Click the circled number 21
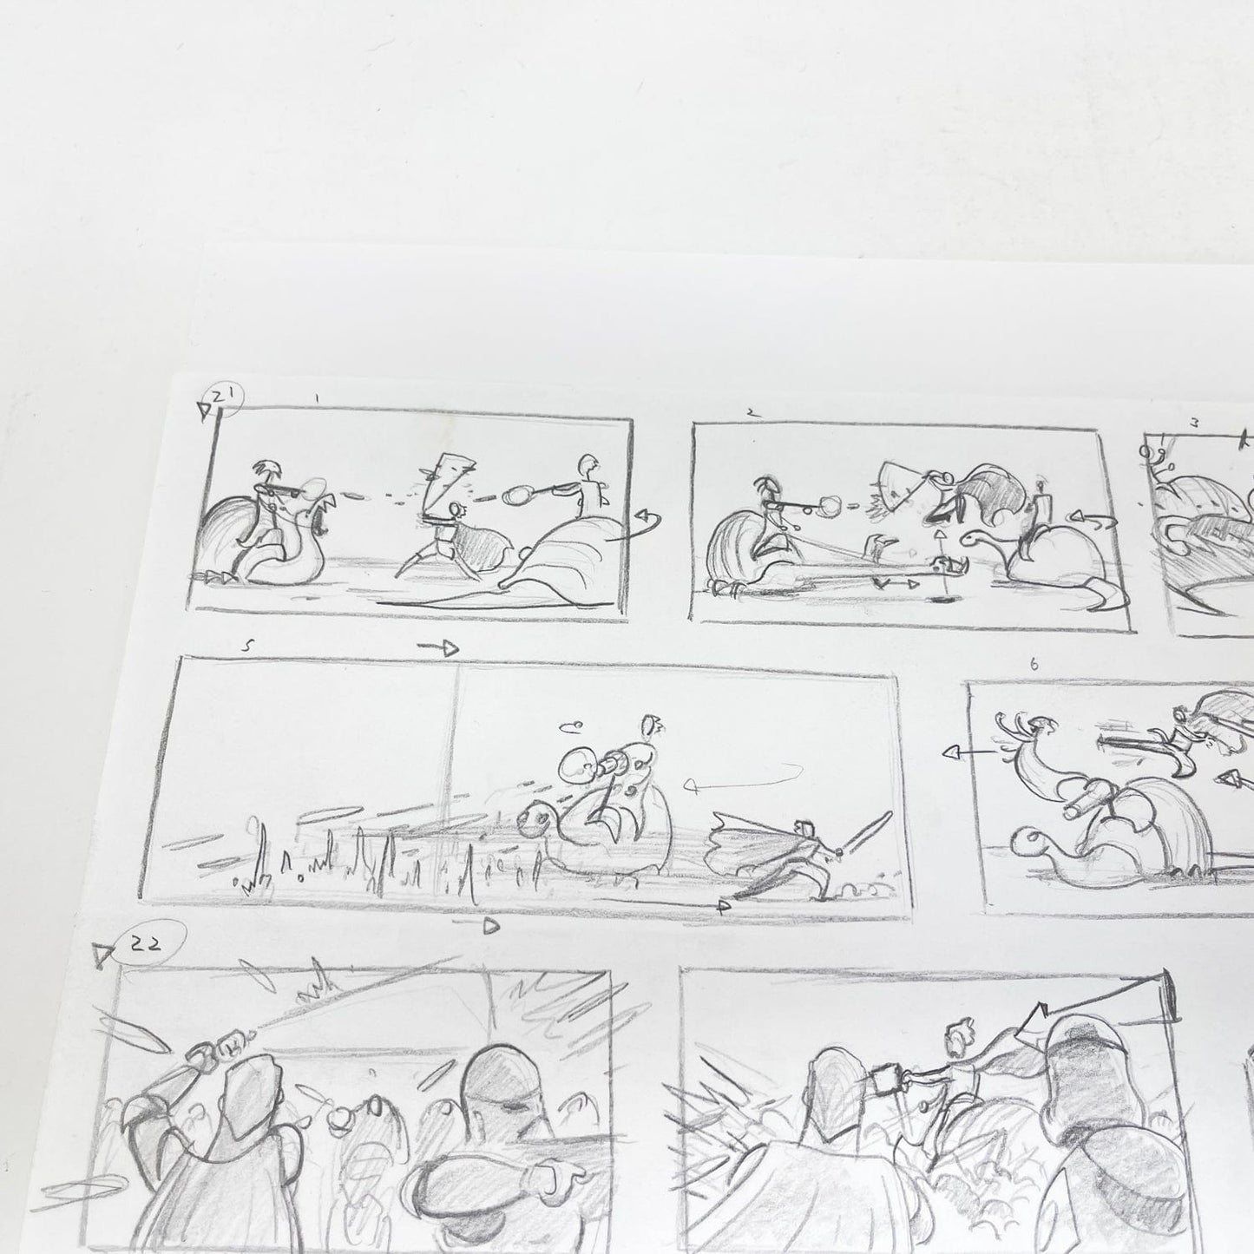tap(227, 397)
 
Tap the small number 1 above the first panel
tap(318, 399)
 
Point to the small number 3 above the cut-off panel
tap(1195, 423)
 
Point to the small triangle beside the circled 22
tap(105, 956)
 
